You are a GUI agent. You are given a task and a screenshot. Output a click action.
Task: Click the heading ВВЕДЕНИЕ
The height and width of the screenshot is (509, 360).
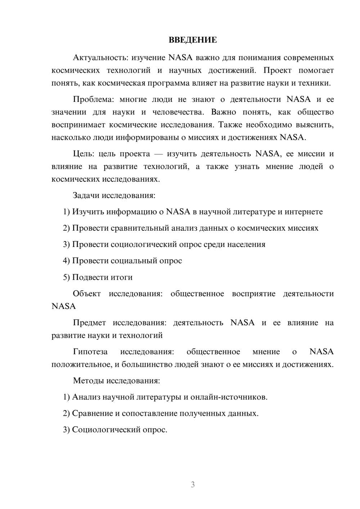point(193,40)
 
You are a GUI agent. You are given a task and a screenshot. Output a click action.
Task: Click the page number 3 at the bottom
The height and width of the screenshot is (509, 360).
point(193,485)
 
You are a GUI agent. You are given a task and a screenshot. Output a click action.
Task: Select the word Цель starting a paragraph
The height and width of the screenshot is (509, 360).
point(84,154)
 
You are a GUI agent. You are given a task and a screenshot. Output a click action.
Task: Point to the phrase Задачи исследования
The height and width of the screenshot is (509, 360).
point(114,195)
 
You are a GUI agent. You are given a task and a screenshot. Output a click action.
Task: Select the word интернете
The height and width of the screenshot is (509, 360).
point(303,212)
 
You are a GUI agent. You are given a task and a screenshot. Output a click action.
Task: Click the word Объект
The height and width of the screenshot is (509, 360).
point(87,293)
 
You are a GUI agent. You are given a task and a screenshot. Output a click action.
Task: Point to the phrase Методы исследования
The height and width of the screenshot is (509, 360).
point(116,380)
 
